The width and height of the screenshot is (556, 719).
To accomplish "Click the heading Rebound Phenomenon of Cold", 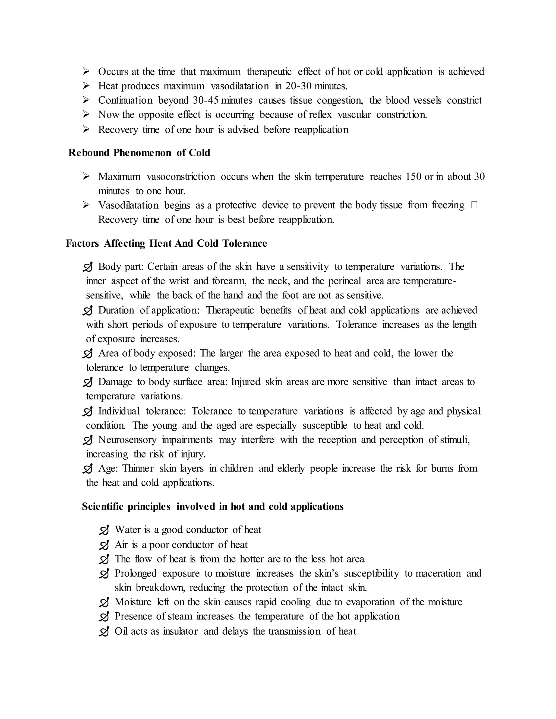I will tap(139, 153).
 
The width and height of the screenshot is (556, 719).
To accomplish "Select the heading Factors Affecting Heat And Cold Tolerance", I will tap(166, 243).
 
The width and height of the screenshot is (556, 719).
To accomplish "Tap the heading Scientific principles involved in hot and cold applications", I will tap(213, 506).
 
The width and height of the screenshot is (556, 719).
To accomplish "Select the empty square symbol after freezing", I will tap(474, 205).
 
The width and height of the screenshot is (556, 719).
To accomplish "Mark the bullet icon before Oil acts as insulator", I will tap(104, 632).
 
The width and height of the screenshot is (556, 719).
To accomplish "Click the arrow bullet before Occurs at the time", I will tap(86, 71).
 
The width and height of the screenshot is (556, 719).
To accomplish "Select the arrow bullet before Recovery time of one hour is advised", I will tap(86, 129).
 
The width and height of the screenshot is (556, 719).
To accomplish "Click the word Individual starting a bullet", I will tap(119, 411).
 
